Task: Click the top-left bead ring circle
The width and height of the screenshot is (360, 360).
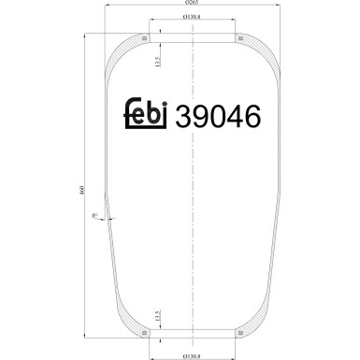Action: pos(146,38)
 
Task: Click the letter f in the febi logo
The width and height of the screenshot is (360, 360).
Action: pos(129,113)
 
